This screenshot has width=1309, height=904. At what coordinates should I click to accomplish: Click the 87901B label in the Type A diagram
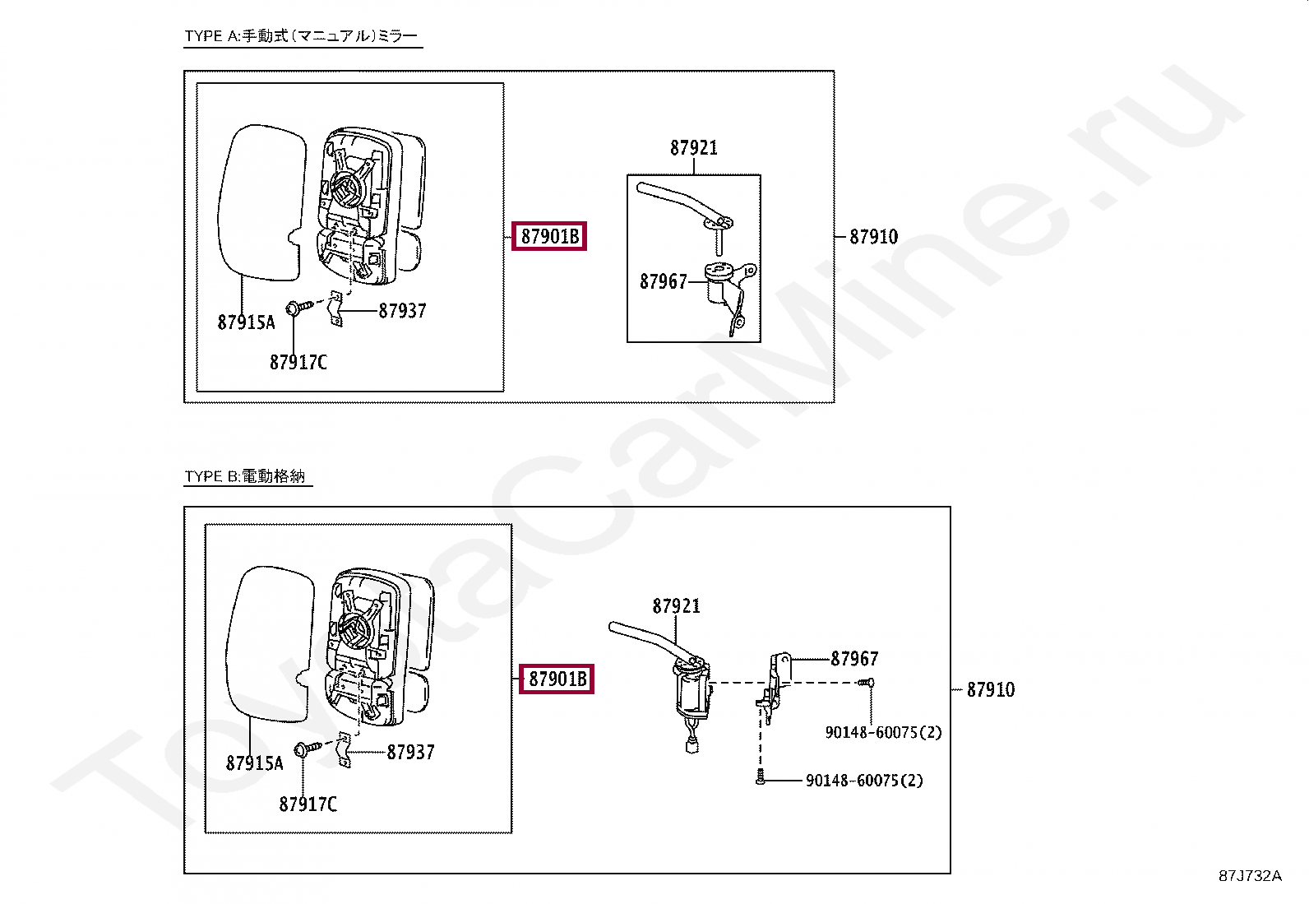[549, 237]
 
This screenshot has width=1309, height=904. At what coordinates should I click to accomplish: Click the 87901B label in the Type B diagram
[557, 679]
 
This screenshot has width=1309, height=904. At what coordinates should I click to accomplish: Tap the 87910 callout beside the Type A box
[873, 237]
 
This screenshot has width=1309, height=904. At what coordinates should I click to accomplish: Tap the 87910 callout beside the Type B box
[990, 690]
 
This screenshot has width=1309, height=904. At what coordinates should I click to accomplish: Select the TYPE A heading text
[301, 36]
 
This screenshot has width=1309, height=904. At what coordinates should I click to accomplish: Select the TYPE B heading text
[245, 476]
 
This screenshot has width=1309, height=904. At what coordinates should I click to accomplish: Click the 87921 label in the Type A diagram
[693, 148]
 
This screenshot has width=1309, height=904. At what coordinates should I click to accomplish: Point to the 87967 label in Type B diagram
[854, 659]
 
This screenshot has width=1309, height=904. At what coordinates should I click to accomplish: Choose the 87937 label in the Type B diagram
[410, 752]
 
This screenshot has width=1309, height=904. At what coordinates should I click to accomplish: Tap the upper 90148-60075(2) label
[883, 732]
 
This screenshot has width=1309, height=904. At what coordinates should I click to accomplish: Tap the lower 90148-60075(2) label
[863, 781]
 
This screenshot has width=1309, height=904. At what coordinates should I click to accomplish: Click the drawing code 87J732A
[1249, 876]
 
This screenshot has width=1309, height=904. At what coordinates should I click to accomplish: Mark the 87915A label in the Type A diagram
[246, 322]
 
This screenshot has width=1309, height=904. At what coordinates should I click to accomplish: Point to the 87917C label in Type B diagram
[308, 804]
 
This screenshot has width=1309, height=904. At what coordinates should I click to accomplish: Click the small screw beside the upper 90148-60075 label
[866, 682]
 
